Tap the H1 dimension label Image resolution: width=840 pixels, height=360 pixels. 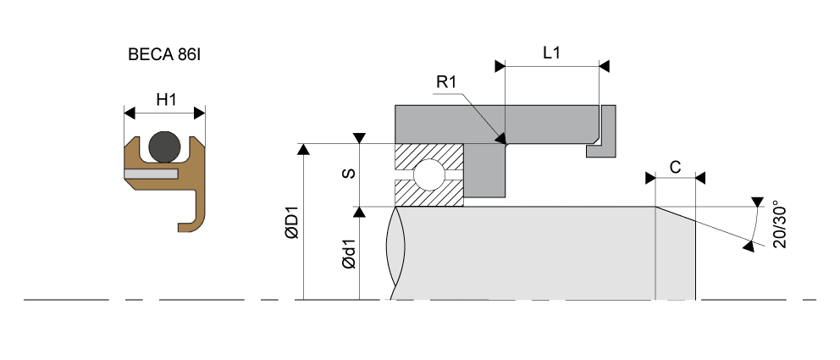pos(166,100)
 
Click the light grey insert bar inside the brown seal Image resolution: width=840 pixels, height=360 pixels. pos(150,173)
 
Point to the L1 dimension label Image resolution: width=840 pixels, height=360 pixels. pos(551,53)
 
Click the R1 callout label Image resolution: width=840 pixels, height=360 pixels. pos(446,82)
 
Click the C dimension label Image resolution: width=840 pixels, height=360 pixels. pos(675,167)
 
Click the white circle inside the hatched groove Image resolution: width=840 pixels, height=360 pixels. pos(427,176)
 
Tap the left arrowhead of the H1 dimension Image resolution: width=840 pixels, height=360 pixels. pos(130,113)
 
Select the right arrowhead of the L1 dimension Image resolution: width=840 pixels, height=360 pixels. pos(604,65)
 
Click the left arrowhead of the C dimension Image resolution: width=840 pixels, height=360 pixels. pos(650,178)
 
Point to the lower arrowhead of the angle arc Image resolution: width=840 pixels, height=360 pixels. pos(749,246)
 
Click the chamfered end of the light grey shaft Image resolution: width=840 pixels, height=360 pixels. pos(676,254)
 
